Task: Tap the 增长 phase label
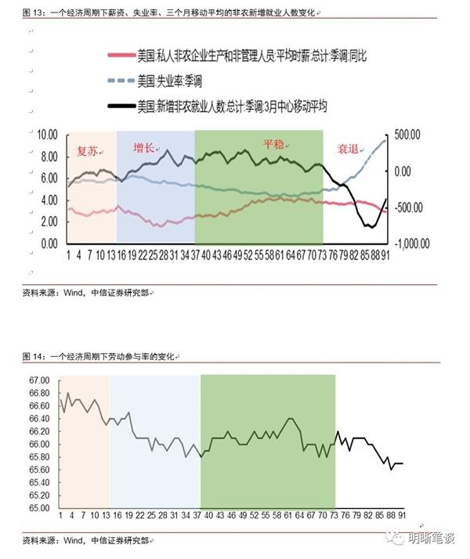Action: pyautogui.click(x=143, y=148)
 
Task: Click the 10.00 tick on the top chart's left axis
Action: pyautogui.click(x=48, y=135)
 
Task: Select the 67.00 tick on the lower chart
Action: pyautogui.click(x=39, y=380)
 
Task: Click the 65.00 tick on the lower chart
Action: pyautogui.click(x=39, y=507)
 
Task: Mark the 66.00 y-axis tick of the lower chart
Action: pyautogui.click(x=39, y=444)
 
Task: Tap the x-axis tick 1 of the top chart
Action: pyautogui.click(x=68, y=254)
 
